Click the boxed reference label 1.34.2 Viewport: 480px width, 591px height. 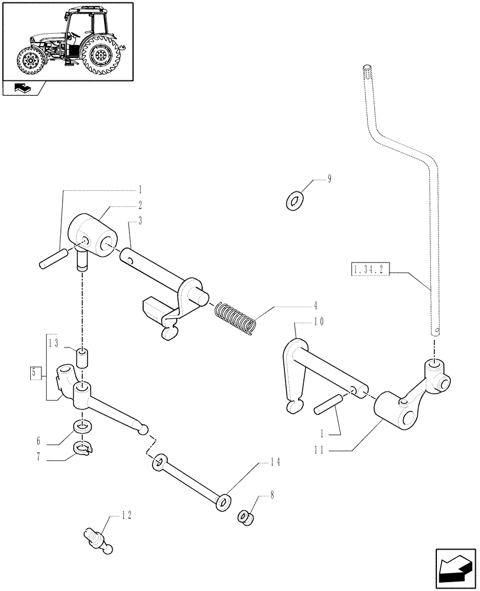369,271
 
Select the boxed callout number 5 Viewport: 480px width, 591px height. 35,373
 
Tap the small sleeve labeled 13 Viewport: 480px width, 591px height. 83,358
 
